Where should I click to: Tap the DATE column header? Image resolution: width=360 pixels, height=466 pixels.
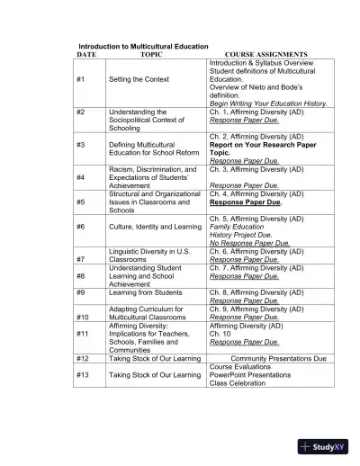(86, 54)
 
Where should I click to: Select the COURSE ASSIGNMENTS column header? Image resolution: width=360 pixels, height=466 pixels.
(266, 54)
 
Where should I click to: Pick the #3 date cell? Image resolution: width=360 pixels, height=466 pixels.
(81, 144)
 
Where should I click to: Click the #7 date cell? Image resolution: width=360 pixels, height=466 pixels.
(81, 259)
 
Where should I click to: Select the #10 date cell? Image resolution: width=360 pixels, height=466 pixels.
(83, 317)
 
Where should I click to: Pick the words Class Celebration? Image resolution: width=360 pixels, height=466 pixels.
(237, 383)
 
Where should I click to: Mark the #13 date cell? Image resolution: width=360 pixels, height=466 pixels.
(83, 374)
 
